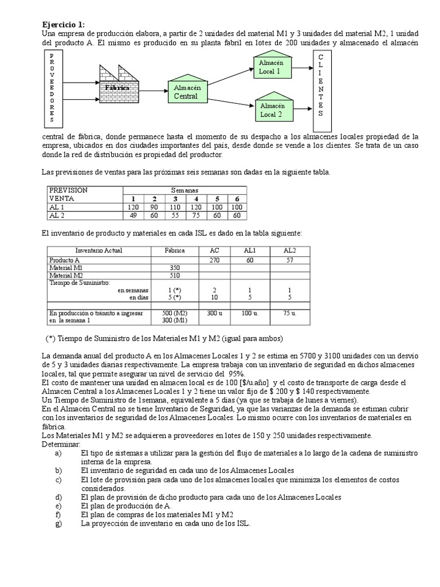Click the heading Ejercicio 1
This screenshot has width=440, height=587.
tap(64, 24)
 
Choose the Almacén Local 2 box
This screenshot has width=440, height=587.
tap(272, 108)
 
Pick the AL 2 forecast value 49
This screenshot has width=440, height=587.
tap(133, 216)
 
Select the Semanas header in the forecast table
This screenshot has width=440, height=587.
tap(184, 189)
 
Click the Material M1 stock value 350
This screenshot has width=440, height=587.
tap(175, 268)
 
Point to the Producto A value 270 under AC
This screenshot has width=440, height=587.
tap(214, 260)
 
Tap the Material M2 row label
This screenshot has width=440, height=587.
tap(66, 275)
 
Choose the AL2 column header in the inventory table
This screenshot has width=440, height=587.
tap(290, 251)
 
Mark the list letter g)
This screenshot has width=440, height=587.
tap(58, 523)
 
